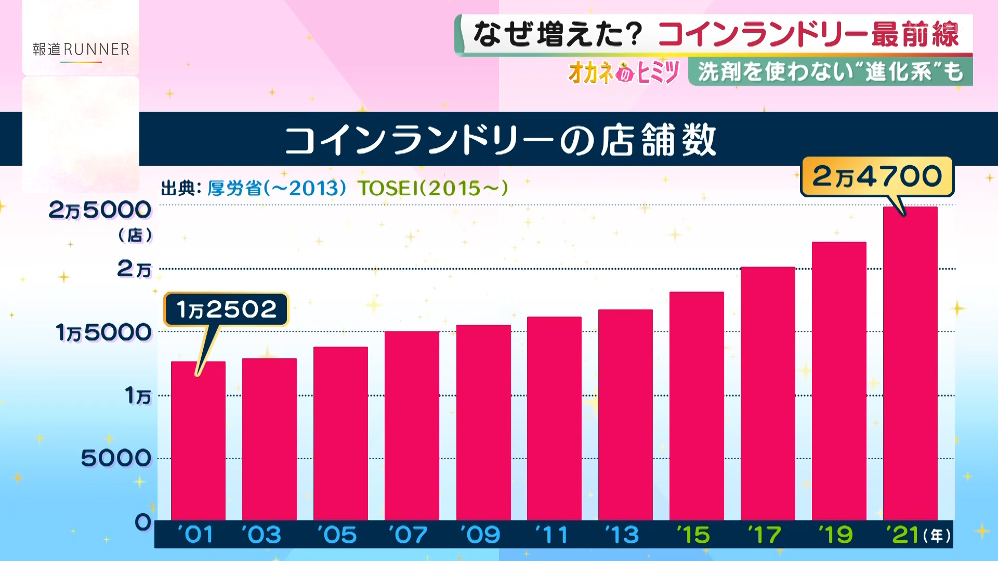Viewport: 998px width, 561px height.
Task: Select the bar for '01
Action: [x=198, y=442]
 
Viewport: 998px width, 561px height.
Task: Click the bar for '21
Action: [x=910, y=364]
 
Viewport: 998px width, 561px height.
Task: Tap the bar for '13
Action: [x=625, y=416]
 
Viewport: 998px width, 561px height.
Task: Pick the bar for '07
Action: [x=412, y=426]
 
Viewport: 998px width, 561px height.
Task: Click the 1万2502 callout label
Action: [x=226, y=310]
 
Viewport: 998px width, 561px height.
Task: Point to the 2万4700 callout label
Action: [x=877, y=177]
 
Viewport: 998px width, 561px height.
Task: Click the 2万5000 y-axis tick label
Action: [x=100, y=210]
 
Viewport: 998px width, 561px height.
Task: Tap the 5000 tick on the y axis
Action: [x=116, y=459]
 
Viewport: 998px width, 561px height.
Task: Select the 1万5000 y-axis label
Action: [x=103, y=332]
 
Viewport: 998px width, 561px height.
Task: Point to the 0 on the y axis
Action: [x=143, y=522]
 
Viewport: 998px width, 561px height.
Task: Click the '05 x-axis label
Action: [x=337, y=535]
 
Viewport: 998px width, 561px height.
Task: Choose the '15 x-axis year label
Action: [x=694, y=535]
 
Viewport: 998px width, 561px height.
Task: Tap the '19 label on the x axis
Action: [x=836, y=535]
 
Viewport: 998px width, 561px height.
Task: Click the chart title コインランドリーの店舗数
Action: [x=500, y=140]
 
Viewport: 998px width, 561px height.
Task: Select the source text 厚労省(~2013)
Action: [x=277, y=188]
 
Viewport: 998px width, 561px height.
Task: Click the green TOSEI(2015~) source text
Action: [x=432, y=188]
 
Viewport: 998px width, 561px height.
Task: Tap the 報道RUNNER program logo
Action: [x=81, y=50]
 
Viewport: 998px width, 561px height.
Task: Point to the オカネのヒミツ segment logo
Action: [x=624, y=72]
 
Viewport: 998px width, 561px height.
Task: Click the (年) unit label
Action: [x=937, y=536]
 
